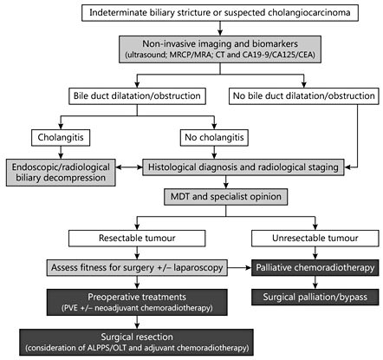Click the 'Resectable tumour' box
click(x=140, y=234)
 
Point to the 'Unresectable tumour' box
click(x=314, y=234)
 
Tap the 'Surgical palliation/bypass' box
click(x=314, y=298)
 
